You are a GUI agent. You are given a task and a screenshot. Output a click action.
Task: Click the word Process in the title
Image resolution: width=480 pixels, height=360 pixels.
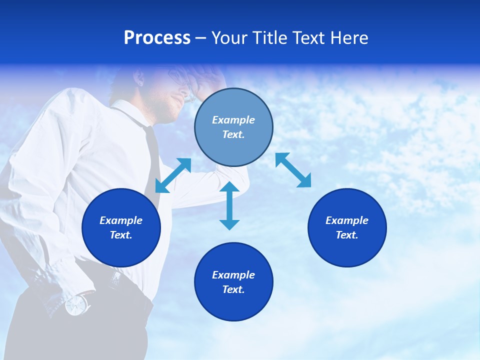click(157, 38)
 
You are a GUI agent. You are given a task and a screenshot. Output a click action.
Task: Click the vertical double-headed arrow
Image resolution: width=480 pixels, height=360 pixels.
click(229, 205)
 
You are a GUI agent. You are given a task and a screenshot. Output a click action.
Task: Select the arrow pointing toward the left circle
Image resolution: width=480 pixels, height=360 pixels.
click(173, 175)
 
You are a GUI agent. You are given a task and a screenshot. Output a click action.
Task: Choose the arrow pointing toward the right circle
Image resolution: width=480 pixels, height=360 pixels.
click(293, 170)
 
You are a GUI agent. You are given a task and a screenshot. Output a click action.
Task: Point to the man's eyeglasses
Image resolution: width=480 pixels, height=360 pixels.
click(180, 80)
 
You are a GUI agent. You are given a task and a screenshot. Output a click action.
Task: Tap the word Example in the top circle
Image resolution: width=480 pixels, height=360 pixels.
click(233, 120)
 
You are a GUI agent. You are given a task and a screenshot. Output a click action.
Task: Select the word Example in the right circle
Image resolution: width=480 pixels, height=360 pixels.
click(347, 220)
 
